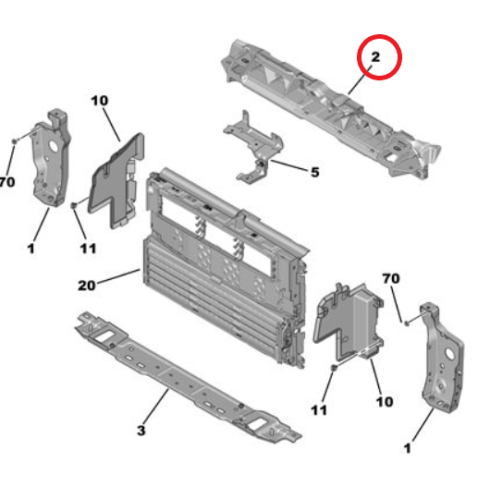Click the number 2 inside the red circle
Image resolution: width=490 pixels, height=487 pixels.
pos(375,57)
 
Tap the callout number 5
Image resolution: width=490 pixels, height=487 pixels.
pos(315,172)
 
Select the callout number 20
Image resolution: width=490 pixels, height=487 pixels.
pos(86,286)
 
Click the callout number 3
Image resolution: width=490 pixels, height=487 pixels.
pos(141,430)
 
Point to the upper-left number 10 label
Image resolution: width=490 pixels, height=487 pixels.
pos(100,101)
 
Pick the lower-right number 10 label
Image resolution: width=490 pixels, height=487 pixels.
pos(385,402)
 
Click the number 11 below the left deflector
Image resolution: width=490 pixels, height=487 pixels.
pos(88,249)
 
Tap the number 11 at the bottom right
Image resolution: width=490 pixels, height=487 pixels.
pos(319,410)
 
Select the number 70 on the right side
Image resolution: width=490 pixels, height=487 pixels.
pos(391,278)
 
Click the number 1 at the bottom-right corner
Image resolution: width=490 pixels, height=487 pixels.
pos(408,448)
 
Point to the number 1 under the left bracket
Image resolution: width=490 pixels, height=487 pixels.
pos(31,249)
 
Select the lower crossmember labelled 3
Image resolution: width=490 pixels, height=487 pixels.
pos(188,378)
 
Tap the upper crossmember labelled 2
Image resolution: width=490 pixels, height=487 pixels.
pos(331,109)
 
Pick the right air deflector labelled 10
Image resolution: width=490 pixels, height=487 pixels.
pos(349,322)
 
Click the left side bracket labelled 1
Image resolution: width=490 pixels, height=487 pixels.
pos(51,159)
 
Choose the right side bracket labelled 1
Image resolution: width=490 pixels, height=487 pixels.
pos(442,359)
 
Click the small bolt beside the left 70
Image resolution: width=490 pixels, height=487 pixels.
pos(15,141)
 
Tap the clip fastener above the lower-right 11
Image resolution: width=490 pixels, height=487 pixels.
pos(334,368)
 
